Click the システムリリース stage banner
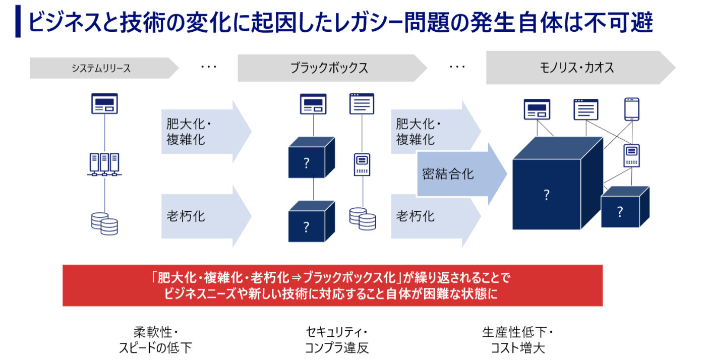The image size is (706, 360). pyautogui.click(x=101, y=68)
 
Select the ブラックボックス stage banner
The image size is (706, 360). pyautogui.click(x=329, y=68)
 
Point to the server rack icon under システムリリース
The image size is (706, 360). pyautogui.click(x=104, y=164)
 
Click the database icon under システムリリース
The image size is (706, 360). pyautogui.click(x=104, y=223)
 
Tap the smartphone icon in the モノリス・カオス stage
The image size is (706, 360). pyautogui.click(x=631, y=109)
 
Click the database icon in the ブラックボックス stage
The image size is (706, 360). pyautogui.click(x=363, y=218)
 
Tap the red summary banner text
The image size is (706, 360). pyautogui.click(x=332, y=285)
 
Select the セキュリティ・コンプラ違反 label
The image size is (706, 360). pyautogui.click(x=337, y=340)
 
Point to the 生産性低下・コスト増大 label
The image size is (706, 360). pyautogui.click(x=518, y=340)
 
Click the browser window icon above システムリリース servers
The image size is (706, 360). pyautogui.click(x=104, y=103)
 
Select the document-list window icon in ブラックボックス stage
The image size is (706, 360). pyautogui.click(x=362, y=103)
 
